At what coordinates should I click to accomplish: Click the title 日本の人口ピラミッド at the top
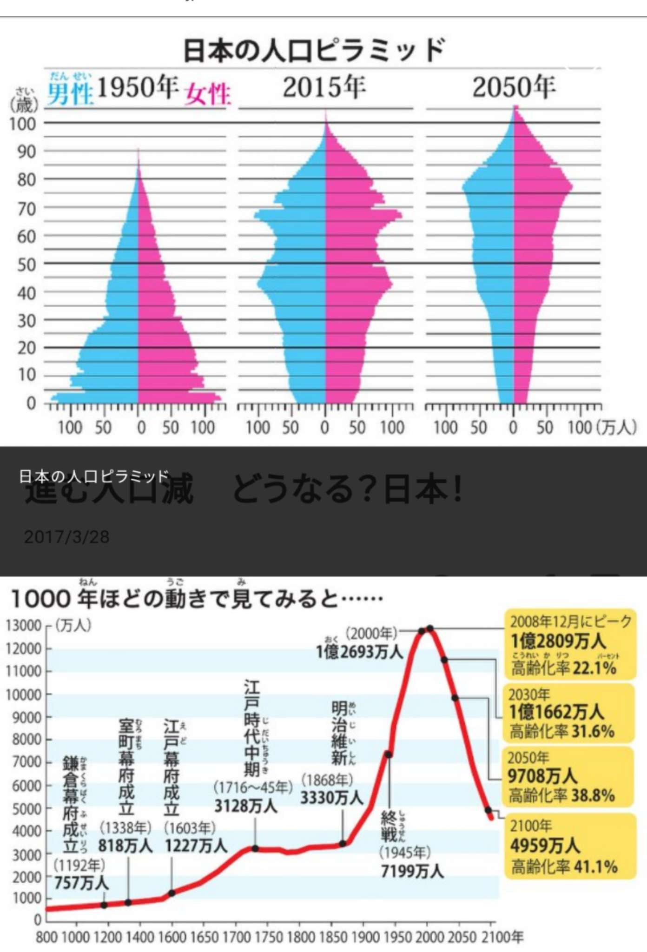click(x=314, y=50)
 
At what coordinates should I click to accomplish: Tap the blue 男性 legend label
click(x=70, y=93)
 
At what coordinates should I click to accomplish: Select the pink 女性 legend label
click(x=207, y=94)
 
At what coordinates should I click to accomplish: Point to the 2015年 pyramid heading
click(x=324, y=87)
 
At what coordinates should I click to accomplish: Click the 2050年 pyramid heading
click(x=514, y=87)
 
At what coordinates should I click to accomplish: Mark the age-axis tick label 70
click(x=27, y=209)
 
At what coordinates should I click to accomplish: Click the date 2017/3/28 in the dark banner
click(x=66, y=537)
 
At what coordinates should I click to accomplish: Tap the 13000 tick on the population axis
click(x=23, y=626)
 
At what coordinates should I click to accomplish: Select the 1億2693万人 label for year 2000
click(x=359, y=652)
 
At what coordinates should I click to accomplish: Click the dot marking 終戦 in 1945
click(x=388, y=754)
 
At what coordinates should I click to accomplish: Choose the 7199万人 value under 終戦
click(x=412, y=871)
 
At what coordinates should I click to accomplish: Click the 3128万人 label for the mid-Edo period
click(x=245, y=806)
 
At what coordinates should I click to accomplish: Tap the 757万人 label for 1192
click(x=81, y=882)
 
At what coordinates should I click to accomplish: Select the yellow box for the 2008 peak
click(x=570, y=644)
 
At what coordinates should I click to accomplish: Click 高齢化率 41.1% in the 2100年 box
click(x=564, y=866)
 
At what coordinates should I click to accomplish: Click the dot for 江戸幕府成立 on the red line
click(x=172, y=893)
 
